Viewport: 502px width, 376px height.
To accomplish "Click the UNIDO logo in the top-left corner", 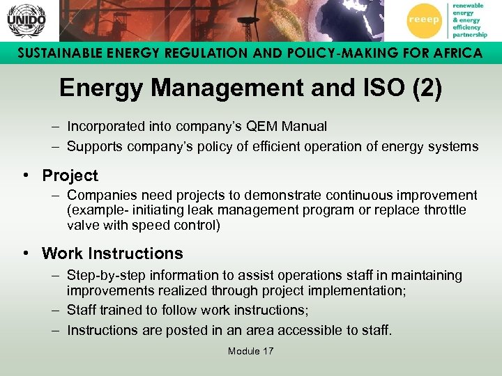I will [26, 20].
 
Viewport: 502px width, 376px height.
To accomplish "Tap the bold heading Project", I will [70, 175].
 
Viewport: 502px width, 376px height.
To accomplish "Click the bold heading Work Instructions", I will [112, 253].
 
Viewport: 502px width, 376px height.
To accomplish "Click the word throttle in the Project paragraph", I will [443, 210].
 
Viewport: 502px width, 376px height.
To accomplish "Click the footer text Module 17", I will [250, 351].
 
